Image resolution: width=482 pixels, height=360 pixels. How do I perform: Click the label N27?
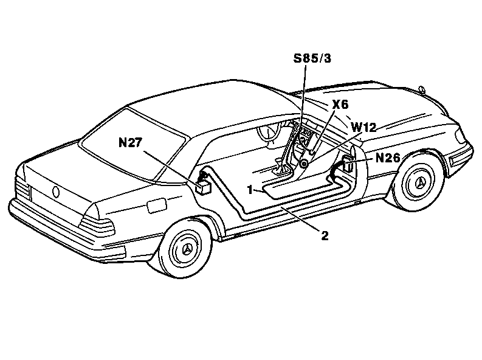[130, 143]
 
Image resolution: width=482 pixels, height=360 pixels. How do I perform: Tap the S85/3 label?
[312, 58]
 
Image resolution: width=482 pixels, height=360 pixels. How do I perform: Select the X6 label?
[340, 105]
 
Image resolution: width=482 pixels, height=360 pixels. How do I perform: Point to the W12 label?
[363, 127]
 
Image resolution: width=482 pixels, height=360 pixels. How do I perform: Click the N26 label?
[388, 158]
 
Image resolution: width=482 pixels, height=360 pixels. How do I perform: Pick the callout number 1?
[250, 190]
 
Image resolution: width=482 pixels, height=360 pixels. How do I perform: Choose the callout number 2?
[325, 236]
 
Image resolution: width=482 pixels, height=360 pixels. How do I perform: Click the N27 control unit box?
[203, 188]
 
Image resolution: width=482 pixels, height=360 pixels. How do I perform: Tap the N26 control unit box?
[348, 164]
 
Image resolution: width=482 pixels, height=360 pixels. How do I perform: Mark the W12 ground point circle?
[304, 164]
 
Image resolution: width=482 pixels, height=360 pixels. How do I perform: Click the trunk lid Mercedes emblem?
[56, 192]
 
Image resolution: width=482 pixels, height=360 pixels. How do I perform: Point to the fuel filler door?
[157, 206]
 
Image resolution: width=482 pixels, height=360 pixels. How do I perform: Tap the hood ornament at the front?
[422, 89]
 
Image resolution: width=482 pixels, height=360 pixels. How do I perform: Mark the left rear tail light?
[22, 187]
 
